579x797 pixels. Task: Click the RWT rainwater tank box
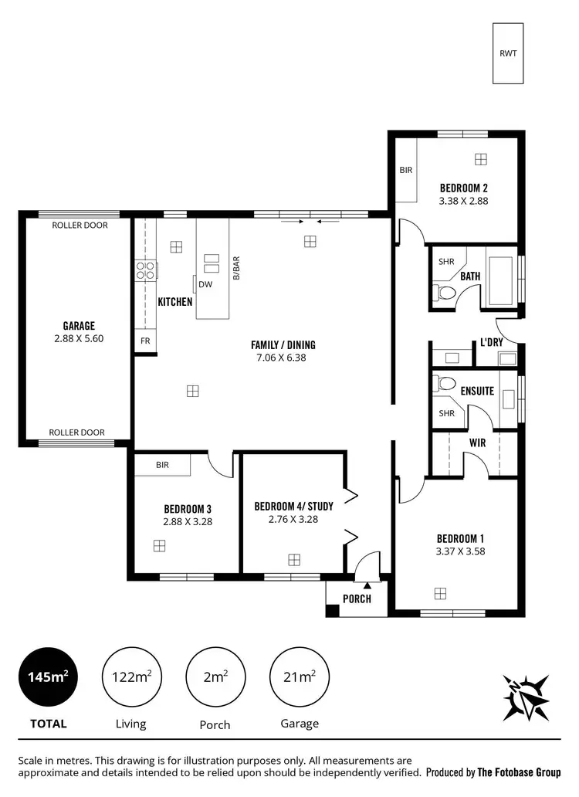coord(508,53)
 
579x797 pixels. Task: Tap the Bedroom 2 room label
coord(463,188)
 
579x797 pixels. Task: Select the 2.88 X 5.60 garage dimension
coord(79,338)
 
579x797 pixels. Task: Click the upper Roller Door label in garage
coord(80,226)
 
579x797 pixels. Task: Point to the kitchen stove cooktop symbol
coord(145,270)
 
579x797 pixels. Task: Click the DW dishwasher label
coord(205,284)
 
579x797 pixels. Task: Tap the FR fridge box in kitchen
coord(144,341)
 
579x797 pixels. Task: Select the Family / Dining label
coord(283,344)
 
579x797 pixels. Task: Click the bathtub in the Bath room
coord(503,276)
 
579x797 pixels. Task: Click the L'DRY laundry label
coord(492,341)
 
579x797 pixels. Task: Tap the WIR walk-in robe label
coord(477,443)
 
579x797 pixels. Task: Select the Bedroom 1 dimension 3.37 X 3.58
coord(461,551)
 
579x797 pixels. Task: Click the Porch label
coord(356,599)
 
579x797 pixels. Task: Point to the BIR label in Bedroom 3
coord(162,465)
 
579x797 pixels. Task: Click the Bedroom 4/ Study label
coord(293,507)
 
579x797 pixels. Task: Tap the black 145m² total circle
coord(49,677)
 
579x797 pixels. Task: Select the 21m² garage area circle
coord(300,677)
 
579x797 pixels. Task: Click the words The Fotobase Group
coord(519,772)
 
